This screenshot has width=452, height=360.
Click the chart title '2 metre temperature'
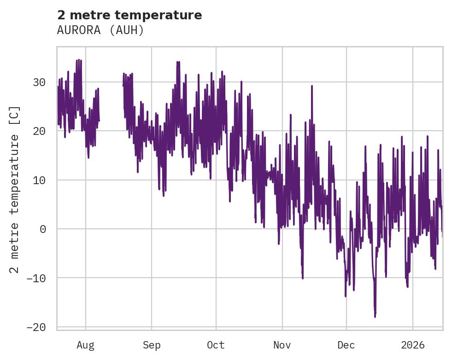coord(129,15)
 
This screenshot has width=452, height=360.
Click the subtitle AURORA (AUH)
coord(100,30)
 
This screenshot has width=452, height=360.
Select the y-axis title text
coord(15,189)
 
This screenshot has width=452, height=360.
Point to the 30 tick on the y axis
coord(39,82)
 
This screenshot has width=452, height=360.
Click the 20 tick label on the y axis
coord(39,131)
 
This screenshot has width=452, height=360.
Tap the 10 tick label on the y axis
coord(39,180)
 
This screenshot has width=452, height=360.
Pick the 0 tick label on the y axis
coord(42,229)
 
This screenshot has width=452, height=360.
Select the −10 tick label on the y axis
coord(36,278)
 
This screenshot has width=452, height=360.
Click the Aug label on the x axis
coord(86,345)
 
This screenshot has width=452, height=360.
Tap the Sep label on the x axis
coord(152,345)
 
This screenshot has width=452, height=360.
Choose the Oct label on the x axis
coord(216,345)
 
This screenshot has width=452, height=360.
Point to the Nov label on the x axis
coord(282,345)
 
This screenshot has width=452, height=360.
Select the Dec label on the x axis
coord(346,345)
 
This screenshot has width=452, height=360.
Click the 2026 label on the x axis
coord(412,345)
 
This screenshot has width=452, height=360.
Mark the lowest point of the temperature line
coord(375,317)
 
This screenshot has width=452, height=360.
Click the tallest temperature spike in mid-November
coord(312,86)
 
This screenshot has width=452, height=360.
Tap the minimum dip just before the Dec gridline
coord(346,296)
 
